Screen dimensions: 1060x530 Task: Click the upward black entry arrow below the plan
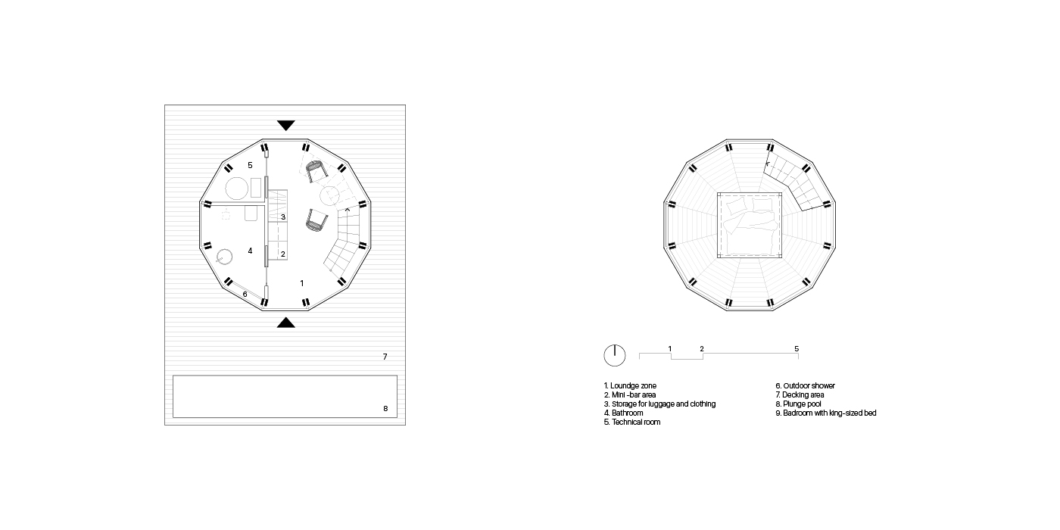pos(286,323)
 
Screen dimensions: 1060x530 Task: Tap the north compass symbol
pos(615,355)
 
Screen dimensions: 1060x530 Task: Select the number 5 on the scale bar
pos(797,349)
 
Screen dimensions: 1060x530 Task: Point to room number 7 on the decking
pos(385,357)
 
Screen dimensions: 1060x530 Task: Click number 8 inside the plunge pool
pos(385,408)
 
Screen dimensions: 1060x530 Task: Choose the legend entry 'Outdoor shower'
pos(805,385)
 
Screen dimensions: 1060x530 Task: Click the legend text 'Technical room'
pos(632,422)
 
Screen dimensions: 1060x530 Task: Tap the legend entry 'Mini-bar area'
pos(630,394)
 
